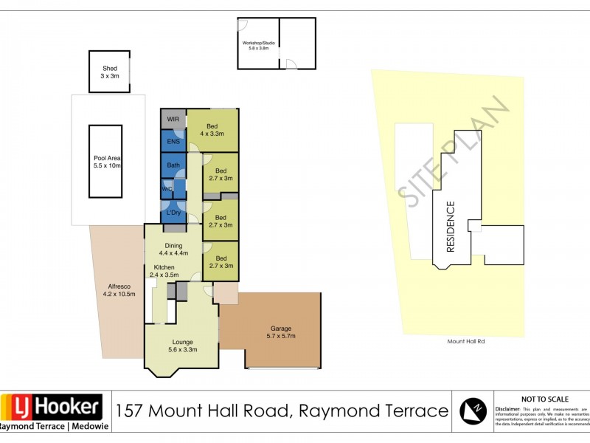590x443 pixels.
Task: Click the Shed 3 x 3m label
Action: click(109, 72)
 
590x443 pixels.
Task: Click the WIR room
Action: click(173, 119)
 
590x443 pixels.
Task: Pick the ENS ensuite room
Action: click(173, 142)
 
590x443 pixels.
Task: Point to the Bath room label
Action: click(173, 165)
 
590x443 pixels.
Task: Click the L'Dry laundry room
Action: click(174, 213)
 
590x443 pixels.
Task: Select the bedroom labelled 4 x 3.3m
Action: click(212, 129)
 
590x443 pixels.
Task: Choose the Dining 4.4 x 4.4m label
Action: click(174, 250)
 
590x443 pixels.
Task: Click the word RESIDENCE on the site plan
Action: click(451, 227)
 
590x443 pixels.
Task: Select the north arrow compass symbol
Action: click(473, 411)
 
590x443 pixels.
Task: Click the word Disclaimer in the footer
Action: click(508, 408)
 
